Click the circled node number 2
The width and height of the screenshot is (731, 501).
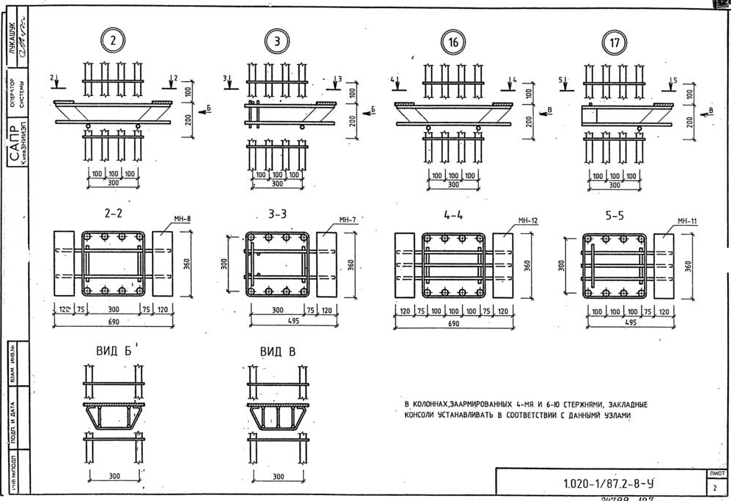point(113,42)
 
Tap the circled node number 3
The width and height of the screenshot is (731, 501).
point(277,42)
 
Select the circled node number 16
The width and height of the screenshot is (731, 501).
point(453,43)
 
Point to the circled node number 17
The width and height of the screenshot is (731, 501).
point(614,43)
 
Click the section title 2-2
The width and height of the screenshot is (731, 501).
point(113,214)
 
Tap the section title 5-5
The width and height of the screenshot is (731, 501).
point(614,217)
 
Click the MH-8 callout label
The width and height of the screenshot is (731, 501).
point(182,218)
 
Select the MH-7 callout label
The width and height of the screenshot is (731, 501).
point(348,219)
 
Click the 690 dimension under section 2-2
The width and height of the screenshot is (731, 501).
point(113,322)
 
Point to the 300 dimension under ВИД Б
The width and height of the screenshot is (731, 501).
point(114,476)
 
